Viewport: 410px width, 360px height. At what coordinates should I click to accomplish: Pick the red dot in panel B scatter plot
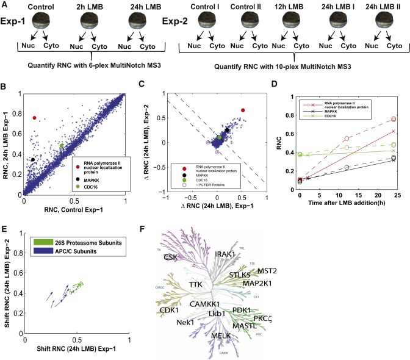35,118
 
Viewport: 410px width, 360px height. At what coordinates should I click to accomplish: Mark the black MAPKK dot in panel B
33,159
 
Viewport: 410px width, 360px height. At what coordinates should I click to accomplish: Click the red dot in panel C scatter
243,110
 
